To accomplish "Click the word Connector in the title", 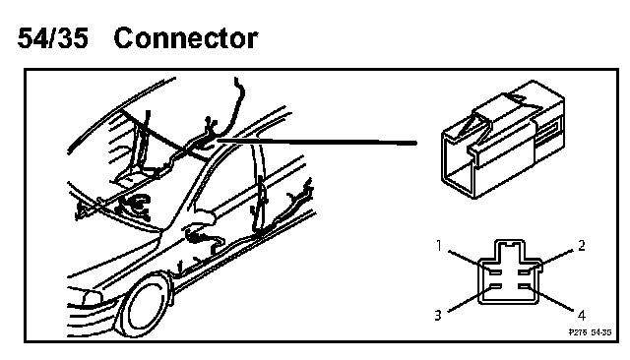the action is coord(186,38).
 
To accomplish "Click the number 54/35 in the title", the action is coord(52,38).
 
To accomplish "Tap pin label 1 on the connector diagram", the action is coord(439,245).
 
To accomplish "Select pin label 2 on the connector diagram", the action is coord(582,245).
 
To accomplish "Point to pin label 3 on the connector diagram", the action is coord(438,315).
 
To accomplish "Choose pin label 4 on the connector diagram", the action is coord(582,315).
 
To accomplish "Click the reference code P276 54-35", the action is coord(590,332).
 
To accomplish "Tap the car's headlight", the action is coord(92,298).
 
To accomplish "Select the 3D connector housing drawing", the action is coord(503,139).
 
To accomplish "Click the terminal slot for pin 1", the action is coord(495,272).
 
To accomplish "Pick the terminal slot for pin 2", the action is coord(525,272).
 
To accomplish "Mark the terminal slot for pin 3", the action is coord(495,286).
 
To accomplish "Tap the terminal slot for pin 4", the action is coord(525,286).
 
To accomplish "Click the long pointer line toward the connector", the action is coord(317,141).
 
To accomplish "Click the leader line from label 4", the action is coord(550,298).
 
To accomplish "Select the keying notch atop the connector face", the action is coord(510,244).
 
